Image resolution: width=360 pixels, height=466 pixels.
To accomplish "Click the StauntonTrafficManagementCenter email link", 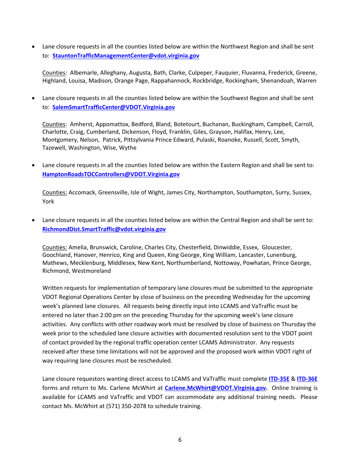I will click(125, 56).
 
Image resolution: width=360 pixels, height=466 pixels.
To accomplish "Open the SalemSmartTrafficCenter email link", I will click(113, 107).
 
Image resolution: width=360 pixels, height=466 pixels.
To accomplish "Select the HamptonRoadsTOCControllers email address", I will click(111, 174).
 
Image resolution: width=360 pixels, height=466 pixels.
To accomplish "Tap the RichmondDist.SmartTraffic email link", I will click(104, 229).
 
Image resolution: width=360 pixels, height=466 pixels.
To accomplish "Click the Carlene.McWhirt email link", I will click(215, 388).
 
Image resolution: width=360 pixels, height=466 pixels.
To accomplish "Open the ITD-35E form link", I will click(279, 379).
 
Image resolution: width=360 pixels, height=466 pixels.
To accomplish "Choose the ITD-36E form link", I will click(307, 379).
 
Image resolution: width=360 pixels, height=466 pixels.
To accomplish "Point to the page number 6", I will click(180, 440).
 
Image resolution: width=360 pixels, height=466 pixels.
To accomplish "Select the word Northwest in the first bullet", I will click(235, 47).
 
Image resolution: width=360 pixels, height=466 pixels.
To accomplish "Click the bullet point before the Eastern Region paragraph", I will click(34, 166).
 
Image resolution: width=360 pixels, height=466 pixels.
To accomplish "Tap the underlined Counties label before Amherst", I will click(54, 124).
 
